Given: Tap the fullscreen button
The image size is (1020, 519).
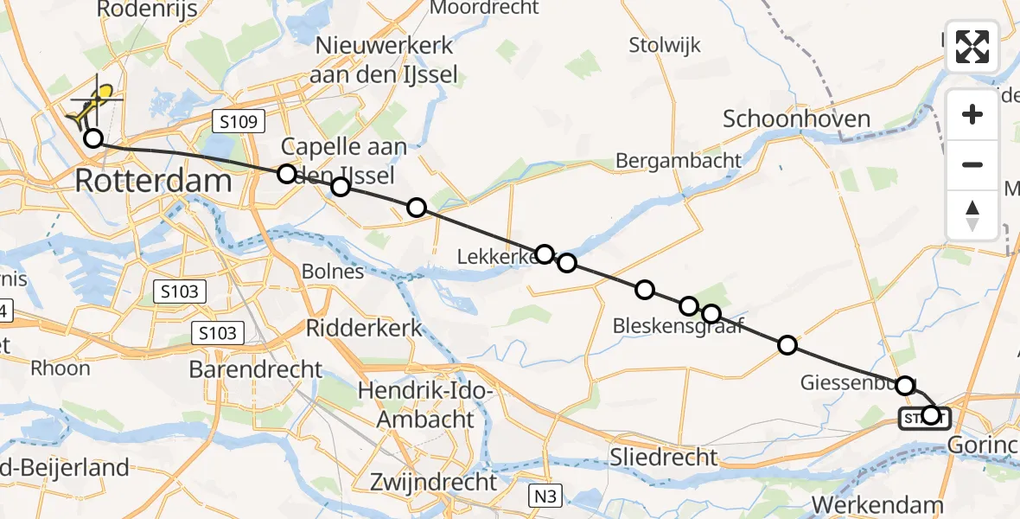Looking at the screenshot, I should tap(972, 47).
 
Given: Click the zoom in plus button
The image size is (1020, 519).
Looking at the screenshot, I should tap(972, 114).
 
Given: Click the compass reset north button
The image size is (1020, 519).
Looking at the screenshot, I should tap(972, 215).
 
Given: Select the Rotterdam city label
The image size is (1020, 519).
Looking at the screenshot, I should tap(154, 182).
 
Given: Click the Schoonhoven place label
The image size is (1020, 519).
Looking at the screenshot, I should tap(796, 119).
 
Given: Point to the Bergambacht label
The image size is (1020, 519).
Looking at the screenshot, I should tap(678, 160).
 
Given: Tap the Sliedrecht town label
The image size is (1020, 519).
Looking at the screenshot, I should tap(664, 456).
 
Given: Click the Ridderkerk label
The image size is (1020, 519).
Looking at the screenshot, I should tap(364, 328).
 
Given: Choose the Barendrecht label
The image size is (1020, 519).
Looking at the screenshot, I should tap(256, 369).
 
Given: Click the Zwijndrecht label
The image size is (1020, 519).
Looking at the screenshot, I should tap(434, 481).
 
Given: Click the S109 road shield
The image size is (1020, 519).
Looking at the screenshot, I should tap(238, 122).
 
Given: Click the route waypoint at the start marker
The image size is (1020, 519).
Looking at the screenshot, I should tap(930, 415).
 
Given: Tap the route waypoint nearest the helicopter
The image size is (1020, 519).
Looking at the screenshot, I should tap(92, 138).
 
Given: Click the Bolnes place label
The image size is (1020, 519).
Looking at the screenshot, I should tap(333, 272).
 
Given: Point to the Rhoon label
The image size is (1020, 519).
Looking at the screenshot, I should tap(60, 368).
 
